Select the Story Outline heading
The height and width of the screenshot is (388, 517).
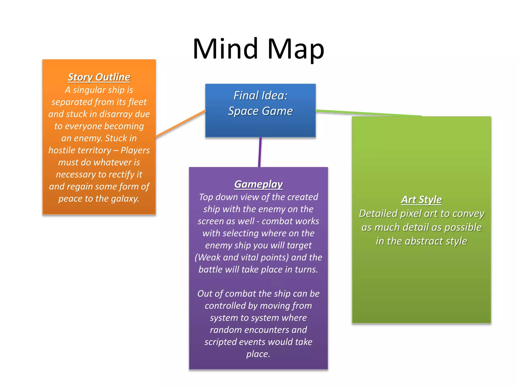point(99,77)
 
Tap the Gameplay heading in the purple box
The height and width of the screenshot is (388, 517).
point(258,184)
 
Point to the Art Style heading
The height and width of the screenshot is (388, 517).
point(421,200)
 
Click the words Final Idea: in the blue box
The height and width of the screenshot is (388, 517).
point(261,95)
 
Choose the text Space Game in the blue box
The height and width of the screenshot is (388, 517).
point(261,111)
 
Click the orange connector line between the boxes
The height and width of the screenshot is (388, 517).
point(180,124)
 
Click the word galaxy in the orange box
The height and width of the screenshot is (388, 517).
point(125,199)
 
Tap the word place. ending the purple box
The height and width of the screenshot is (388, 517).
point(258,354)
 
